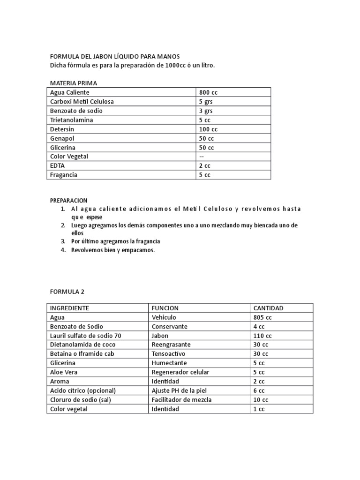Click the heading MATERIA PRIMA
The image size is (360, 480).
tap(74, 83)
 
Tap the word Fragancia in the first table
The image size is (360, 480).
tap(64, 175)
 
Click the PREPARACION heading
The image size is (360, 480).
tap(68, 200)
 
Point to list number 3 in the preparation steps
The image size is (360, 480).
tap(62, 241)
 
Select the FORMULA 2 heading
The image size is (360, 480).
tap(67, 291)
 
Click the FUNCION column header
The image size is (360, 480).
tap(165, 308)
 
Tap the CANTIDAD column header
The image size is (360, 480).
tap(268, 308)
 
